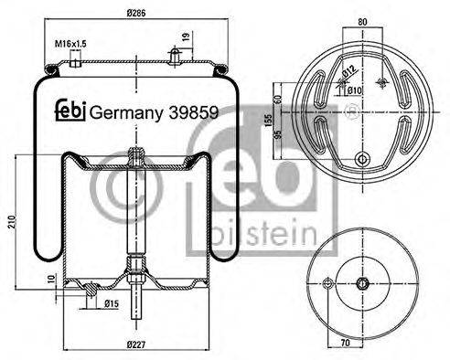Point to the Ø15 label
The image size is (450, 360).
tap(112, 302)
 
